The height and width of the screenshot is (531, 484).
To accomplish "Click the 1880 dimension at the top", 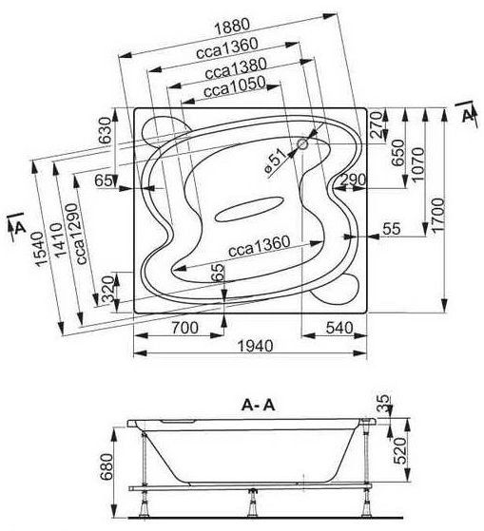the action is point(233,27).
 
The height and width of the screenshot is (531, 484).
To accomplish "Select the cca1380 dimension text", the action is point(236,68).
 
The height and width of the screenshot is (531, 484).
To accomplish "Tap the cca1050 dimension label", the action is point(235,87).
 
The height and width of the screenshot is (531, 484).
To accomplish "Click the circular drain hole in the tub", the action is point(302,144).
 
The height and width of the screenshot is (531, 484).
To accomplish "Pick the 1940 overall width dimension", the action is point(255,346).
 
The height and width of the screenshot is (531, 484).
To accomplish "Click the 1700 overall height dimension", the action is point(438,215).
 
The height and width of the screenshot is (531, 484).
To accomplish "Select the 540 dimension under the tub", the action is point(339,328).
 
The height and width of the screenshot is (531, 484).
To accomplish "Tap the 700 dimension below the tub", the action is point(184,328).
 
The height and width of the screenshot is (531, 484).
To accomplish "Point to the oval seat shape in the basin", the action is point(249,209).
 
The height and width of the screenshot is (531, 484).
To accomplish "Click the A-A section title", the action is point(258,405).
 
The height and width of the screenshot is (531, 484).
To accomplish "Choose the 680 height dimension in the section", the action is point(106,466).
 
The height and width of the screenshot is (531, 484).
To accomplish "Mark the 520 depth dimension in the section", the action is point(400,450).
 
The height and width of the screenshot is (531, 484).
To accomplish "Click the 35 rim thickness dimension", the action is point(383,403).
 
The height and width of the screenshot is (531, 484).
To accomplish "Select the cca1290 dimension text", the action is point(82,234).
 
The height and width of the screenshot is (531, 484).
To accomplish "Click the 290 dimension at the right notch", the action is point(353,180).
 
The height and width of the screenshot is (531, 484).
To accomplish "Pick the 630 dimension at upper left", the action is point(105,130).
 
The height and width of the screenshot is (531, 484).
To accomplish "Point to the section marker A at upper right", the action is point(468,116).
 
